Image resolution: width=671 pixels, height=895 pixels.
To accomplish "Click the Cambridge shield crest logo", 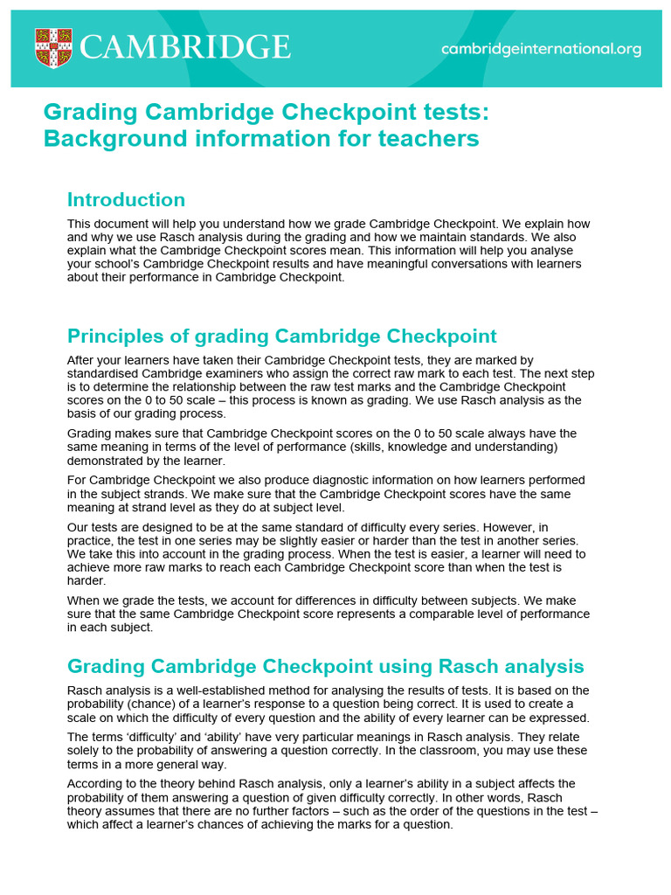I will coord(53,48).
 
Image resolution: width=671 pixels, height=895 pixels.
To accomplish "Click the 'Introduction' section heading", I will coord(127,199).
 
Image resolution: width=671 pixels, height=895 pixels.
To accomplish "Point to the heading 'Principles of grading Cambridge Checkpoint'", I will coord(282,336).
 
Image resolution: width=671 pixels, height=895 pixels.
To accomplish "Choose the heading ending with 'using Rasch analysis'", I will coord(326,667).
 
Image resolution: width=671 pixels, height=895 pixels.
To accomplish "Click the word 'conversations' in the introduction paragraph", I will coord(470,264).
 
